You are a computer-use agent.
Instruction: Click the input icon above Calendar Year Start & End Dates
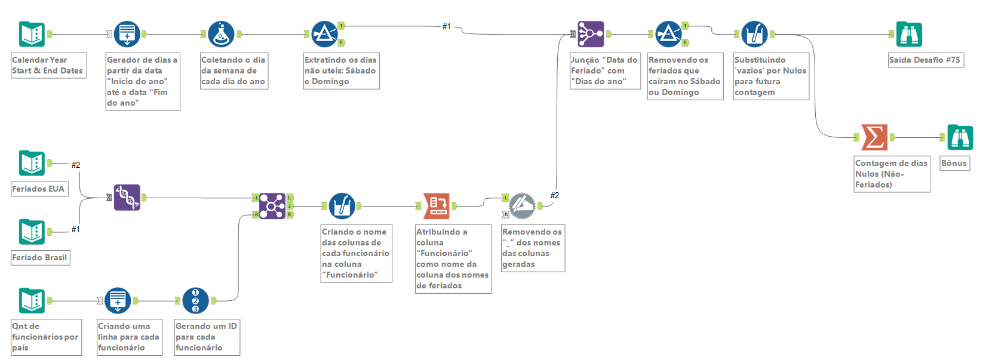[x=32, y=34]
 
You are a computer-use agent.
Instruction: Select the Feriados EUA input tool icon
[x=32, y=163]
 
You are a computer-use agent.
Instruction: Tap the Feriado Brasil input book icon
[x=32, y=232]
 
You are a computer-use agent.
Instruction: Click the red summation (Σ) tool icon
[x=874, y=137]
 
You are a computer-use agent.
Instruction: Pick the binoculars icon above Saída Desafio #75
[x=909, y=34]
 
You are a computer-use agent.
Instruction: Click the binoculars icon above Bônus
[x=960, y=137]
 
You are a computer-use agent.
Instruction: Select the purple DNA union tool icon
[x=127, y=197]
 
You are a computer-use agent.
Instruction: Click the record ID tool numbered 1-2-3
[x=195, y=300]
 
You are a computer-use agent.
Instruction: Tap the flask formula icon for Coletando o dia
[x=221, y=34]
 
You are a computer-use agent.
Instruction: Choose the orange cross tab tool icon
[x=436, y=206]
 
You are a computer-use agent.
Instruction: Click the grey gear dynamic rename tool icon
[x=521, y=206]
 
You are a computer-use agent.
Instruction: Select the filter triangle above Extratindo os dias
[x=324, y=34]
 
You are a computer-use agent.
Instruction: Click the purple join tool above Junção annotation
[x=591, y=34]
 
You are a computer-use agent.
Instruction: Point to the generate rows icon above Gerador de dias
[x=127, y=34]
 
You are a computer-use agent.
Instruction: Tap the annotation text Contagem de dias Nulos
[x=891, y=174]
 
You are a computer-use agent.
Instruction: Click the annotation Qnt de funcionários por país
[x=45, y=337]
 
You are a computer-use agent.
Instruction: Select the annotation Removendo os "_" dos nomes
[x=532, y=248]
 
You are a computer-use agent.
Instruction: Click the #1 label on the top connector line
[x=447, y=26]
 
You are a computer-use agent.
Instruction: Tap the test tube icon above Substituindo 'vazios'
[x=754, y=34]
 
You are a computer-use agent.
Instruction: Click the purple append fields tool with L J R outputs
[x=272, y=206]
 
